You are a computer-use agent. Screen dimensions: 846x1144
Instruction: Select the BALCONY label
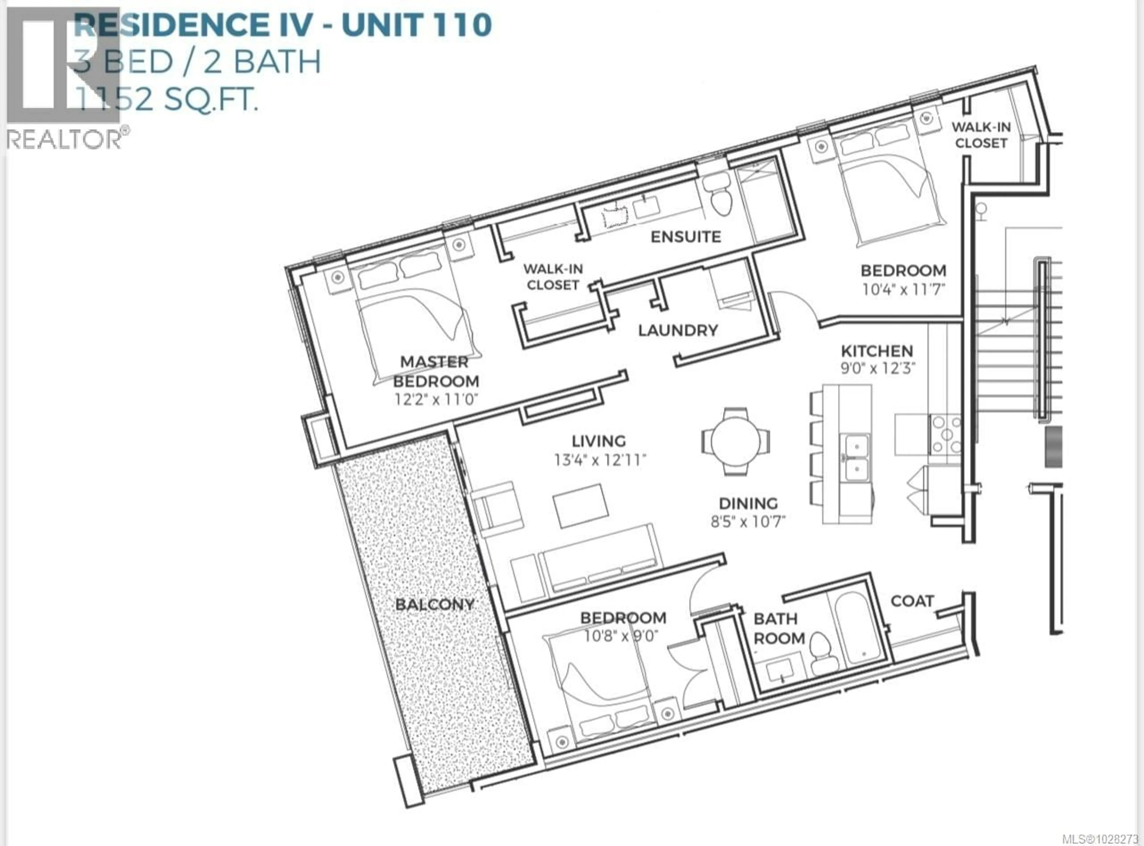[435, 604]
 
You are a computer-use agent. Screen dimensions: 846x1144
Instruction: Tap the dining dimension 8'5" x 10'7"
[748, 521]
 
